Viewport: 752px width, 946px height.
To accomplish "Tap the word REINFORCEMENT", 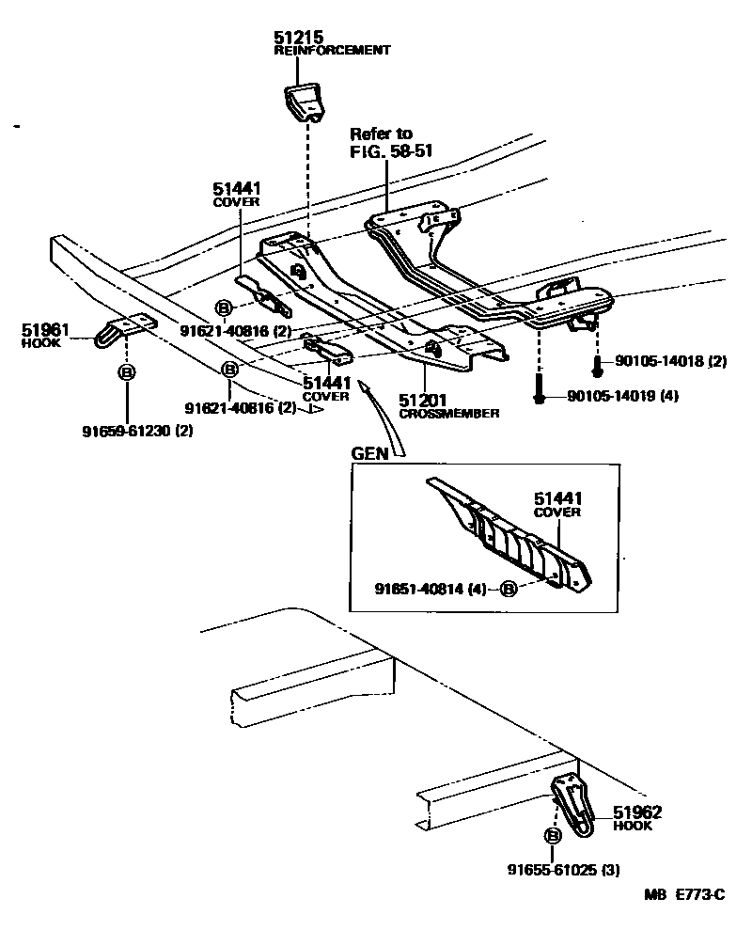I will [x=332, y=51].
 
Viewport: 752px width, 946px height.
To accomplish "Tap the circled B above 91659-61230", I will [x=126, y=372].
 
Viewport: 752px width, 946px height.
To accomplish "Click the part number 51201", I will [x=419, y=401].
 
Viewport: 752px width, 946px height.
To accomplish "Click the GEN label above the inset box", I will [x=369, y=452].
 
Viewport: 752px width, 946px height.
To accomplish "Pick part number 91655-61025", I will [x=555, y=870].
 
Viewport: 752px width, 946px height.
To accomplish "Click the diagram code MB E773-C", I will [x=684, y=894].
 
